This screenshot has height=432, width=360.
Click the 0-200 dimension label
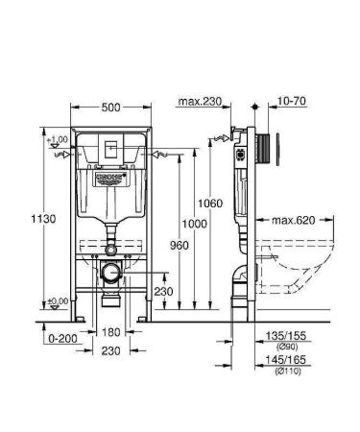59,339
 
